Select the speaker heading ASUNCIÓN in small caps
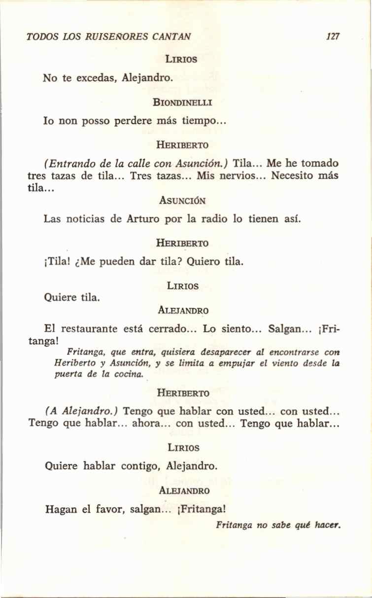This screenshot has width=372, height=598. click(182, 201)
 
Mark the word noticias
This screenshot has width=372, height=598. click(86, 218)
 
